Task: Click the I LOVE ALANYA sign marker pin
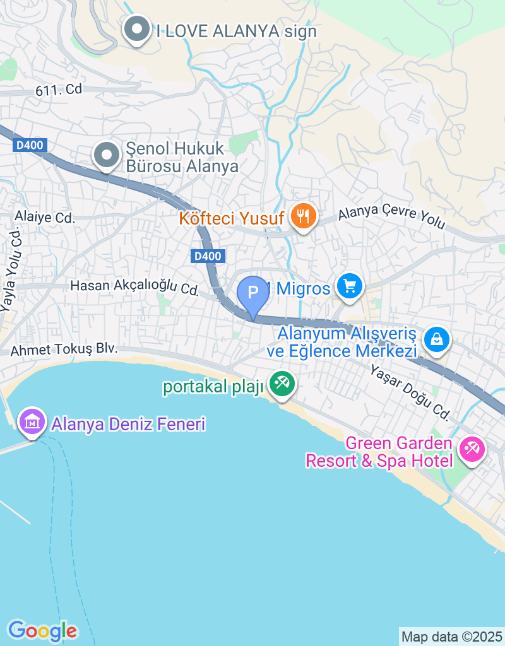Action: point(136,30)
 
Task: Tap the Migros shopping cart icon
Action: point(350,288)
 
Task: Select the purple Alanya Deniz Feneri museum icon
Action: point(32,421)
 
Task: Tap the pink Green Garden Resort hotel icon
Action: point(472,449)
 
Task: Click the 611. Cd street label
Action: point(59,90)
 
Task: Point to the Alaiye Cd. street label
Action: point(45,218)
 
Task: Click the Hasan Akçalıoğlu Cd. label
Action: point(134,287)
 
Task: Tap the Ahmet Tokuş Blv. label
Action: point(64,350)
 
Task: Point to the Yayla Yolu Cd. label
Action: point(12,270)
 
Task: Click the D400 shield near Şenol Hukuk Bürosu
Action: point(30,146)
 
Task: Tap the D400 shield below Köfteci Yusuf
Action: point(207,256)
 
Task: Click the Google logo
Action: point(42,630)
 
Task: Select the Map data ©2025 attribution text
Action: point(452,637)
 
